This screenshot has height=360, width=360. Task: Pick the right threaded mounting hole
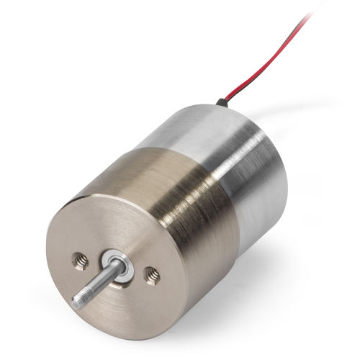152,273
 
